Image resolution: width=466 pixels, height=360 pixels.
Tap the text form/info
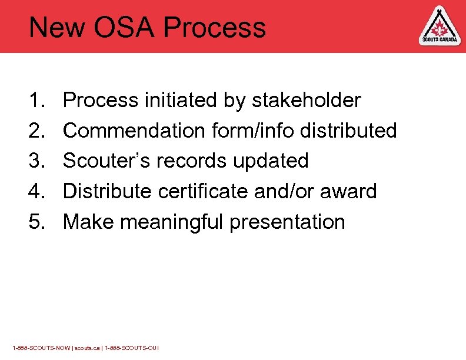click(251, 131)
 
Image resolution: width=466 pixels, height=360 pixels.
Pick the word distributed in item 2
click(348, 131)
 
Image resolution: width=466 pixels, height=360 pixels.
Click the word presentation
click(287, 222)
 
